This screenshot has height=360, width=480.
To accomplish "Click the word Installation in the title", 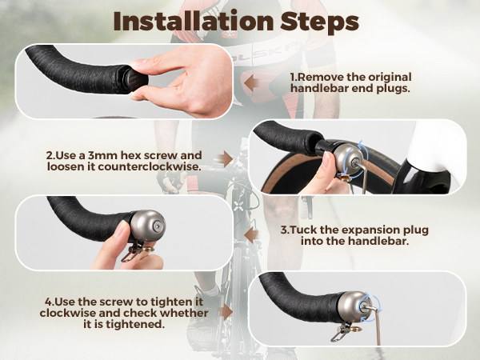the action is tap(193, 22).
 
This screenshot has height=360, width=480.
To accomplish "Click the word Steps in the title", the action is tap(319, 22).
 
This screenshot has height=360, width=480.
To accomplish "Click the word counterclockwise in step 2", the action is tap(150, 166).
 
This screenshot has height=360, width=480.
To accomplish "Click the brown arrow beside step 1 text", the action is tap(252, 83).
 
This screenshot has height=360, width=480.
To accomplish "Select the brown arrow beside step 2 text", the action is tap(226, 159).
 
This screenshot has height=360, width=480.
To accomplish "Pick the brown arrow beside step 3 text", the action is tap(252, 235).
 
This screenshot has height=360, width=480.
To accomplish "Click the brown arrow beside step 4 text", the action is tap(226, 312).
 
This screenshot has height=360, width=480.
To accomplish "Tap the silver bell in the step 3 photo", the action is tap(148, 226).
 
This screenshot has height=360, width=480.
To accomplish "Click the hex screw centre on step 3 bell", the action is tap(157, 226).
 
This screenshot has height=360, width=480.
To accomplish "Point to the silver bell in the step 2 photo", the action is tap(348, 159).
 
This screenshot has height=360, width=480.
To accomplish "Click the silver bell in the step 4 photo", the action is tap(354, 306).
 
